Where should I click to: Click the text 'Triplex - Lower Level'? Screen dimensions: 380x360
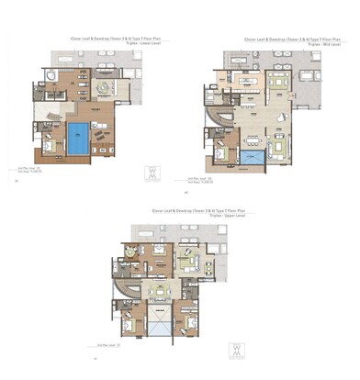(x=143, y=46)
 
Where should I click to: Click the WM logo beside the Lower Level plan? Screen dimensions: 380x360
(x=152, y=173)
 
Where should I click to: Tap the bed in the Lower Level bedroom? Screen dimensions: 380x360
(x=48, y=145)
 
